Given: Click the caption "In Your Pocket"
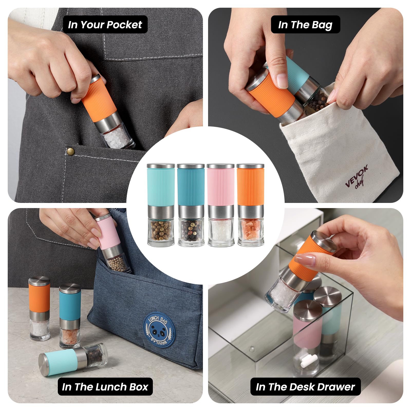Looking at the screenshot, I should pos(105,25).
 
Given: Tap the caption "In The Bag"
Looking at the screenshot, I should pos(305,25).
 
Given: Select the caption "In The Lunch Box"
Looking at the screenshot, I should pos(105,387).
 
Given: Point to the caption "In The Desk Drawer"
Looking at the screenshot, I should pos(305,387).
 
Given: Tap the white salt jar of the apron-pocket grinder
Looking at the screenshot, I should pos(118,136).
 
